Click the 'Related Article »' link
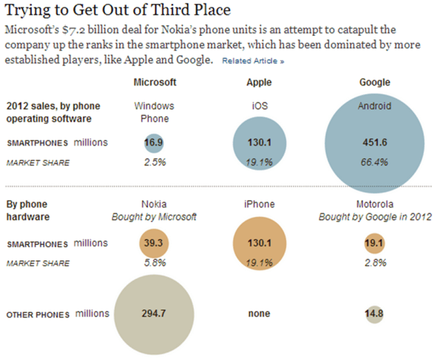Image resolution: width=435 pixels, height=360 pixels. (x=253, y=61)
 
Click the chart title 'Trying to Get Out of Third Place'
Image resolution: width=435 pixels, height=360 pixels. (x=118, y=11)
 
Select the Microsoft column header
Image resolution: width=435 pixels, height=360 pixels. (x=154, y=82)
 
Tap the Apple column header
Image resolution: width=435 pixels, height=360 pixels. (x=260, y=82)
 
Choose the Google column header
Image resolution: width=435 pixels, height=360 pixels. (x=375, y=82)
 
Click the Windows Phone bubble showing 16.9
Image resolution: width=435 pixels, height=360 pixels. (x=154, y=143)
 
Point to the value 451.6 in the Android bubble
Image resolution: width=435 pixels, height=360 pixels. (x=375, y=143)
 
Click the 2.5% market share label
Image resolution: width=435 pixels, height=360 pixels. (x=154, y=163)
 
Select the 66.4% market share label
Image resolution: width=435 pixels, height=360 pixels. (x=375, y=163)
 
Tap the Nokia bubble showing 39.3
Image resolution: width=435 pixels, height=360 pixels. (x=154, y=244)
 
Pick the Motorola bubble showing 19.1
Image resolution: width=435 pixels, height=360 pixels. (x=374, y=244)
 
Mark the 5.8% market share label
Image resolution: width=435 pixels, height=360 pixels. (x=154, y=263)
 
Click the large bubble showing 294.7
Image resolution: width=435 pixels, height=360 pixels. (x=154, y=314)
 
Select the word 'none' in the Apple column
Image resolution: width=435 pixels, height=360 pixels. (x=259, y=314)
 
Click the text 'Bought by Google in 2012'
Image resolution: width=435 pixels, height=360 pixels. (x=375, y=217)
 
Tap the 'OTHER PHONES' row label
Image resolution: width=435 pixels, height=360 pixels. (x=38, y=315)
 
